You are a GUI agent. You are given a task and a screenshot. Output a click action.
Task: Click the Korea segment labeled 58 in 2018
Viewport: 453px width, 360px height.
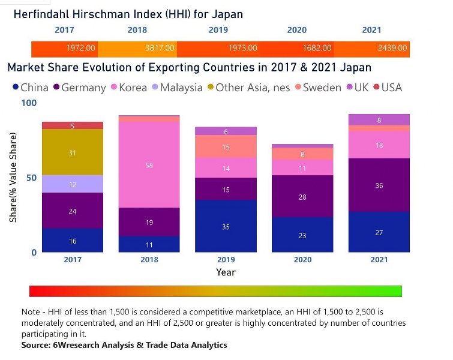click(x=149, y=164)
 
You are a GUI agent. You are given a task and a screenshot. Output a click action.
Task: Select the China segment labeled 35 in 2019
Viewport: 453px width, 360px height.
click(x=226, y=226)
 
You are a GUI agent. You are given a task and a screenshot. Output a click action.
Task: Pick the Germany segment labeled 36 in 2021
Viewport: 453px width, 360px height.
click(x=379, y=185)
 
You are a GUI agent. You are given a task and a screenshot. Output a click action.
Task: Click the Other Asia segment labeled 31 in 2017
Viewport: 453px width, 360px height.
click(x=73, y=152)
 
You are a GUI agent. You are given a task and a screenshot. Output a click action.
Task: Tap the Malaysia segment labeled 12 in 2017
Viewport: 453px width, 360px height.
click(x=73, y=184)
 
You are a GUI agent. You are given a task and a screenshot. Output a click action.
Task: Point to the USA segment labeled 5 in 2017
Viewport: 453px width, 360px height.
click(x=73, y=125)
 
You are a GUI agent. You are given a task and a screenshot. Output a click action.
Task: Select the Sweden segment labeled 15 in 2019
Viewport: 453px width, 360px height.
click(x=226, y=146)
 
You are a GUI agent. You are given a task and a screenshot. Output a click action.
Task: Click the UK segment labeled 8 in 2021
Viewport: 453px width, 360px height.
click(x=379, y=120)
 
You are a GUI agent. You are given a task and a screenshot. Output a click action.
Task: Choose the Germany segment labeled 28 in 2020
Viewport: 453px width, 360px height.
click(x=302, y=197)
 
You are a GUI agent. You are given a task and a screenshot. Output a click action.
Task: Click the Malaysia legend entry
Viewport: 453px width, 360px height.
click(x=180, y=88)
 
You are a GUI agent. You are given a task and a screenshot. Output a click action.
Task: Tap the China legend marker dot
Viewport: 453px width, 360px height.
click(x=14, y=88)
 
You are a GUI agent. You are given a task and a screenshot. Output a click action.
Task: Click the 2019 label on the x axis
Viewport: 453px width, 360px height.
click(x=226, y=260)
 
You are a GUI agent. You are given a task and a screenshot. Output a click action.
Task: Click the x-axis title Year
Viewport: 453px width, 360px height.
click(x=226, y=272)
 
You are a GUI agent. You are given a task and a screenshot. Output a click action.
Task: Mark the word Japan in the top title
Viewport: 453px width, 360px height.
click(x=228, y=13)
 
